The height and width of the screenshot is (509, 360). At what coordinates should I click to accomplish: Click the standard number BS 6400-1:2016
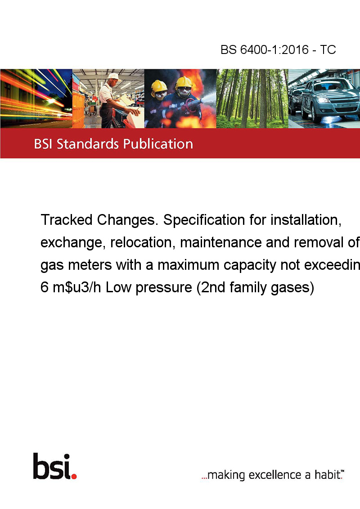[x=265, y=49]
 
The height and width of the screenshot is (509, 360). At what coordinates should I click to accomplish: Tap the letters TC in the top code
[x=328, y=49]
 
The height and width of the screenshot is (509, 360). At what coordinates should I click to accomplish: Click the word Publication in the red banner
[x=158, y=144]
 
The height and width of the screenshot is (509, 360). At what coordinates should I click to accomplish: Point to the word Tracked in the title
[x=67, y=220]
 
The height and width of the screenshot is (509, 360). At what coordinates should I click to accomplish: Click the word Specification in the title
[x=204, y=220]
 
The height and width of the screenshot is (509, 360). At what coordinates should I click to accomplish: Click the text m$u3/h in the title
[x=77, y=287]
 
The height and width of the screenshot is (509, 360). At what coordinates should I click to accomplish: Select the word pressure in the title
[x=164, y=288]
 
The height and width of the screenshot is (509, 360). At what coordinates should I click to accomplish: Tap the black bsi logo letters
[x=52, y=466]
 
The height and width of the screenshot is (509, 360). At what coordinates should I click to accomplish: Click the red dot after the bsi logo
[x=74, y=476]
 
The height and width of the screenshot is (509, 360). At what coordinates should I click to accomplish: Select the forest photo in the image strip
[x=252, y=98]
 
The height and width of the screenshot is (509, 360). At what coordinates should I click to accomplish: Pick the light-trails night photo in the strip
[x=36, y=98]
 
